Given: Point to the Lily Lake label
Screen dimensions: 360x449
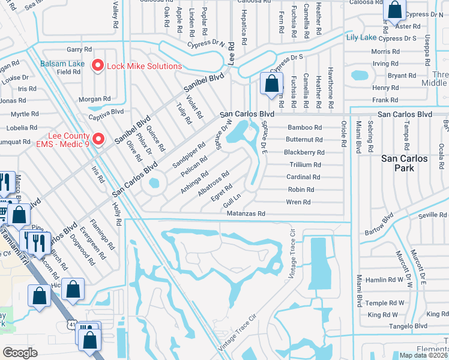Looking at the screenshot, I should click(x=361, y=37).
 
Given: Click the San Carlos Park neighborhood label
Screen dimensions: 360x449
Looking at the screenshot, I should click(x=405, y=163).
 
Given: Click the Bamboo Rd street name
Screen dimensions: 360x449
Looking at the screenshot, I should click(x=304, y=128).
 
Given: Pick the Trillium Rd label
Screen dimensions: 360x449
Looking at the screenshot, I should click(x=305, y=164).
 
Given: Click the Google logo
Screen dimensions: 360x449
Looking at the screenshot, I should click(x=20, y=353).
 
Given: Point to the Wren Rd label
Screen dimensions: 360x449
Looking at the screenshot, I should click(x=298, y=202).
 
